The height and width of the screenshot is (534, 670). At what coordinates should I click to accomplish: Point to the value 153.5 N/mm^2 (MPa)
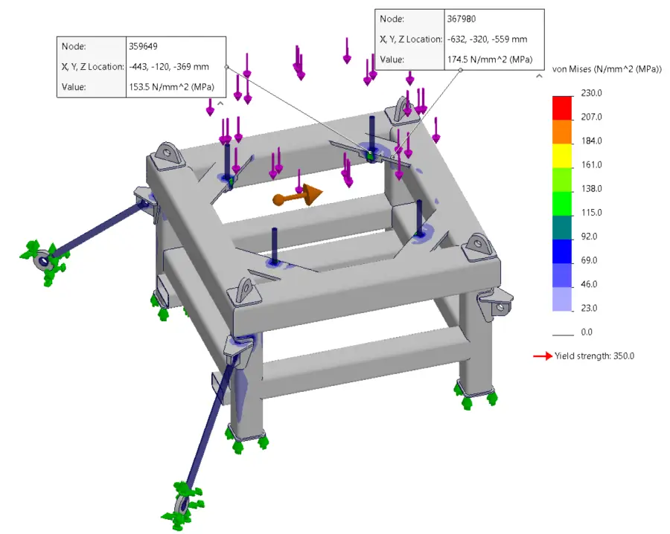[x=171, y=87]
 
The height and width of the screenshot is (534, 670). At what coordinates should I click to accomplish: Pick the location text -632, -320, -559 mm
[x=486, y=39]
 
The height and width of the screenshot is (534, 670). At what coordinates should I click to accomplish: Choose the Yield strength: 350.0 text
[x=595, y=356]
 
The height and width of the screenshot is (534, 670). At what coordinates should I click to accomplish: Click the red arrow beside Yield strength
[x=542, y=356]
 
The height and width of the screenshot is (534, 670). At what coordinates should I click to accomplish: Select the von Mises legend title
[x=606, y=69]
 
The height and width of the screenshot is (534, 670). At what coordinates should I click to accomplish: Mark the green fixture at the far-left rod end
[x=44, y=261]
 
